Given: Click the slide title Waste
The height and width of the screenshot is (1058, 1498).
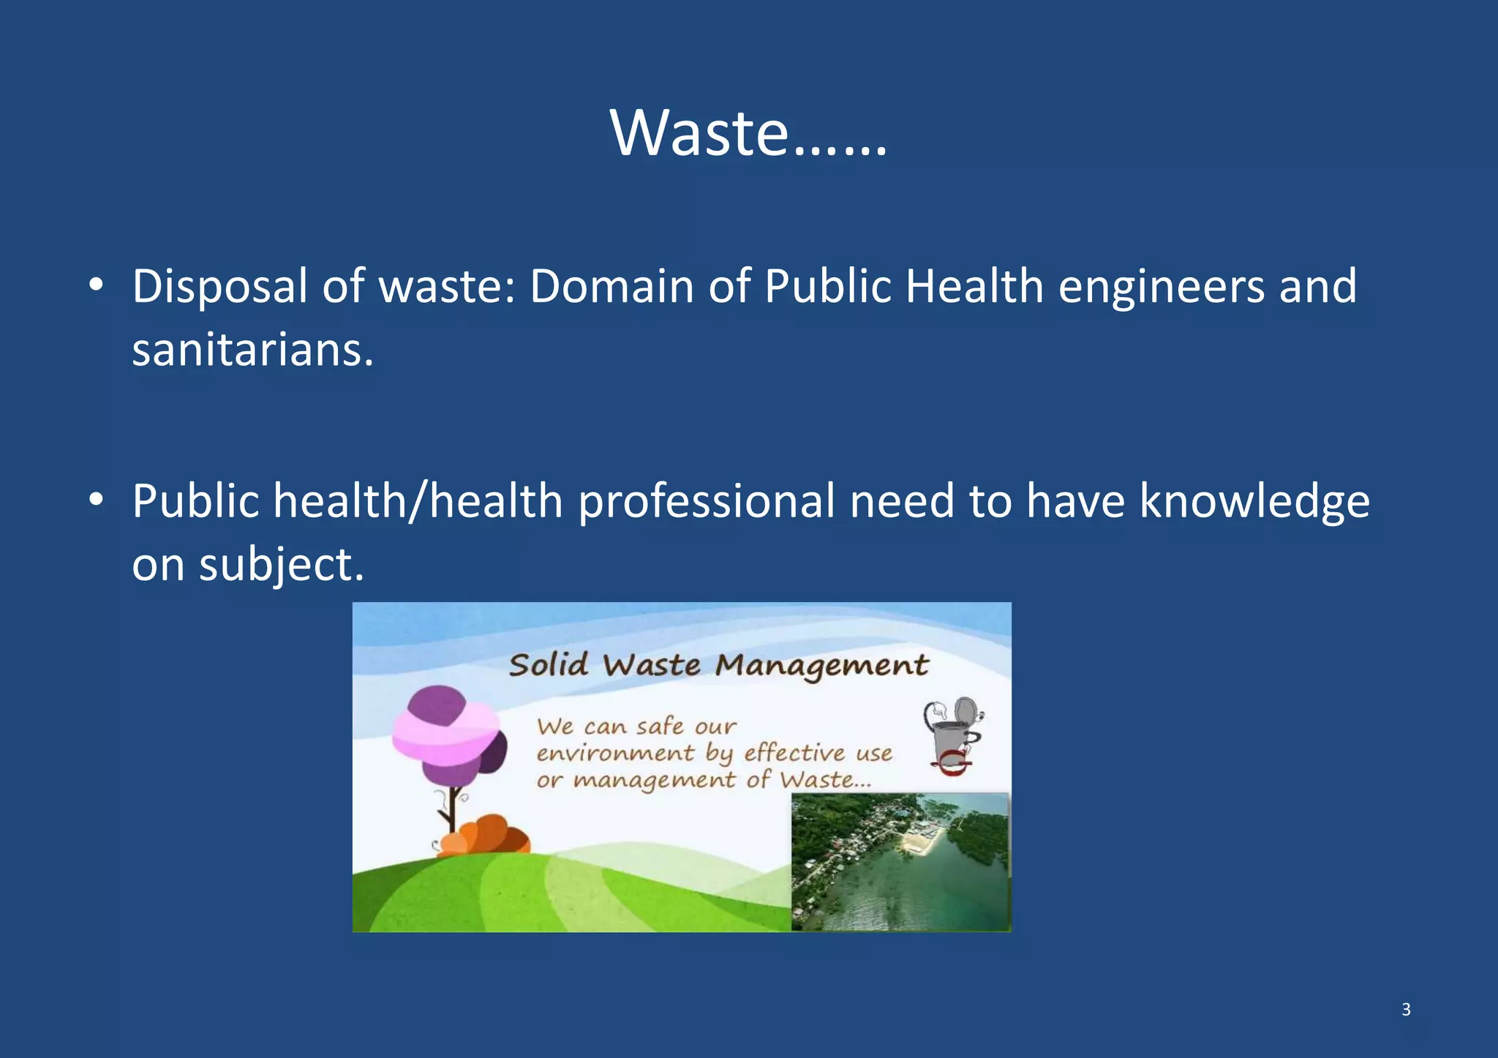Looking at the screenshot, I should click(748, 133).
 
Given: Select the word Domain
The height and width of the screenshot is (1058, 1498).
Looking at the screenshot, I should click(611, 287).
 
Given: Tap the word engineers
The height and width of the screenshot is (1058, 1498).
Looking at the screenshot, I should click(1162, 287).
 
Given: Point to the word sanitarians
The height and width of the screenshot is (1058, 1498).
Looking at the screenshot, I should click(252, 350).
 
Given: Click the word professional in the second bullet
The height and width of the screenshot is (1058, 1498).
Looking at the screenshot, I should click(707, 502).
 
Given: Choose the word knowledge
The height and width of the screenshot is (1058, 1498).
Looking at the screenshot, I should click(1254, 502).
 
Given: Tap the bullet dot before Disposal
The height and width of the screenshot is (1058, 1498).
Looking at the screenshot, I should click(96, 286).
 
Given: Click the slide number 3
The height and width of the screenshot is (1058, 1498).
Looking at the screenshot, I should click(1406, 1010).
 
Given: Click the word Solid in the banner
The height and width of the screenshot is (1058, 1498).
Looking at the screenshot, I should click(549, 665).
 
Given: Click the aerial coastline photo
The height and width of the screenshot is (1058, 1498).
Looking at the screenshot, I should click(900, 862).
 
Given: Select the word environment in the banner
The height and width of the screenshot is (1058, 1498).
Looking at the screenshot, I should click(615, 754).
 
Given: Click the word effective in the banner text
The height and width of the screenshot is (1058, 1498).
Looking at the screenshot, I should click(794, 754).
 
